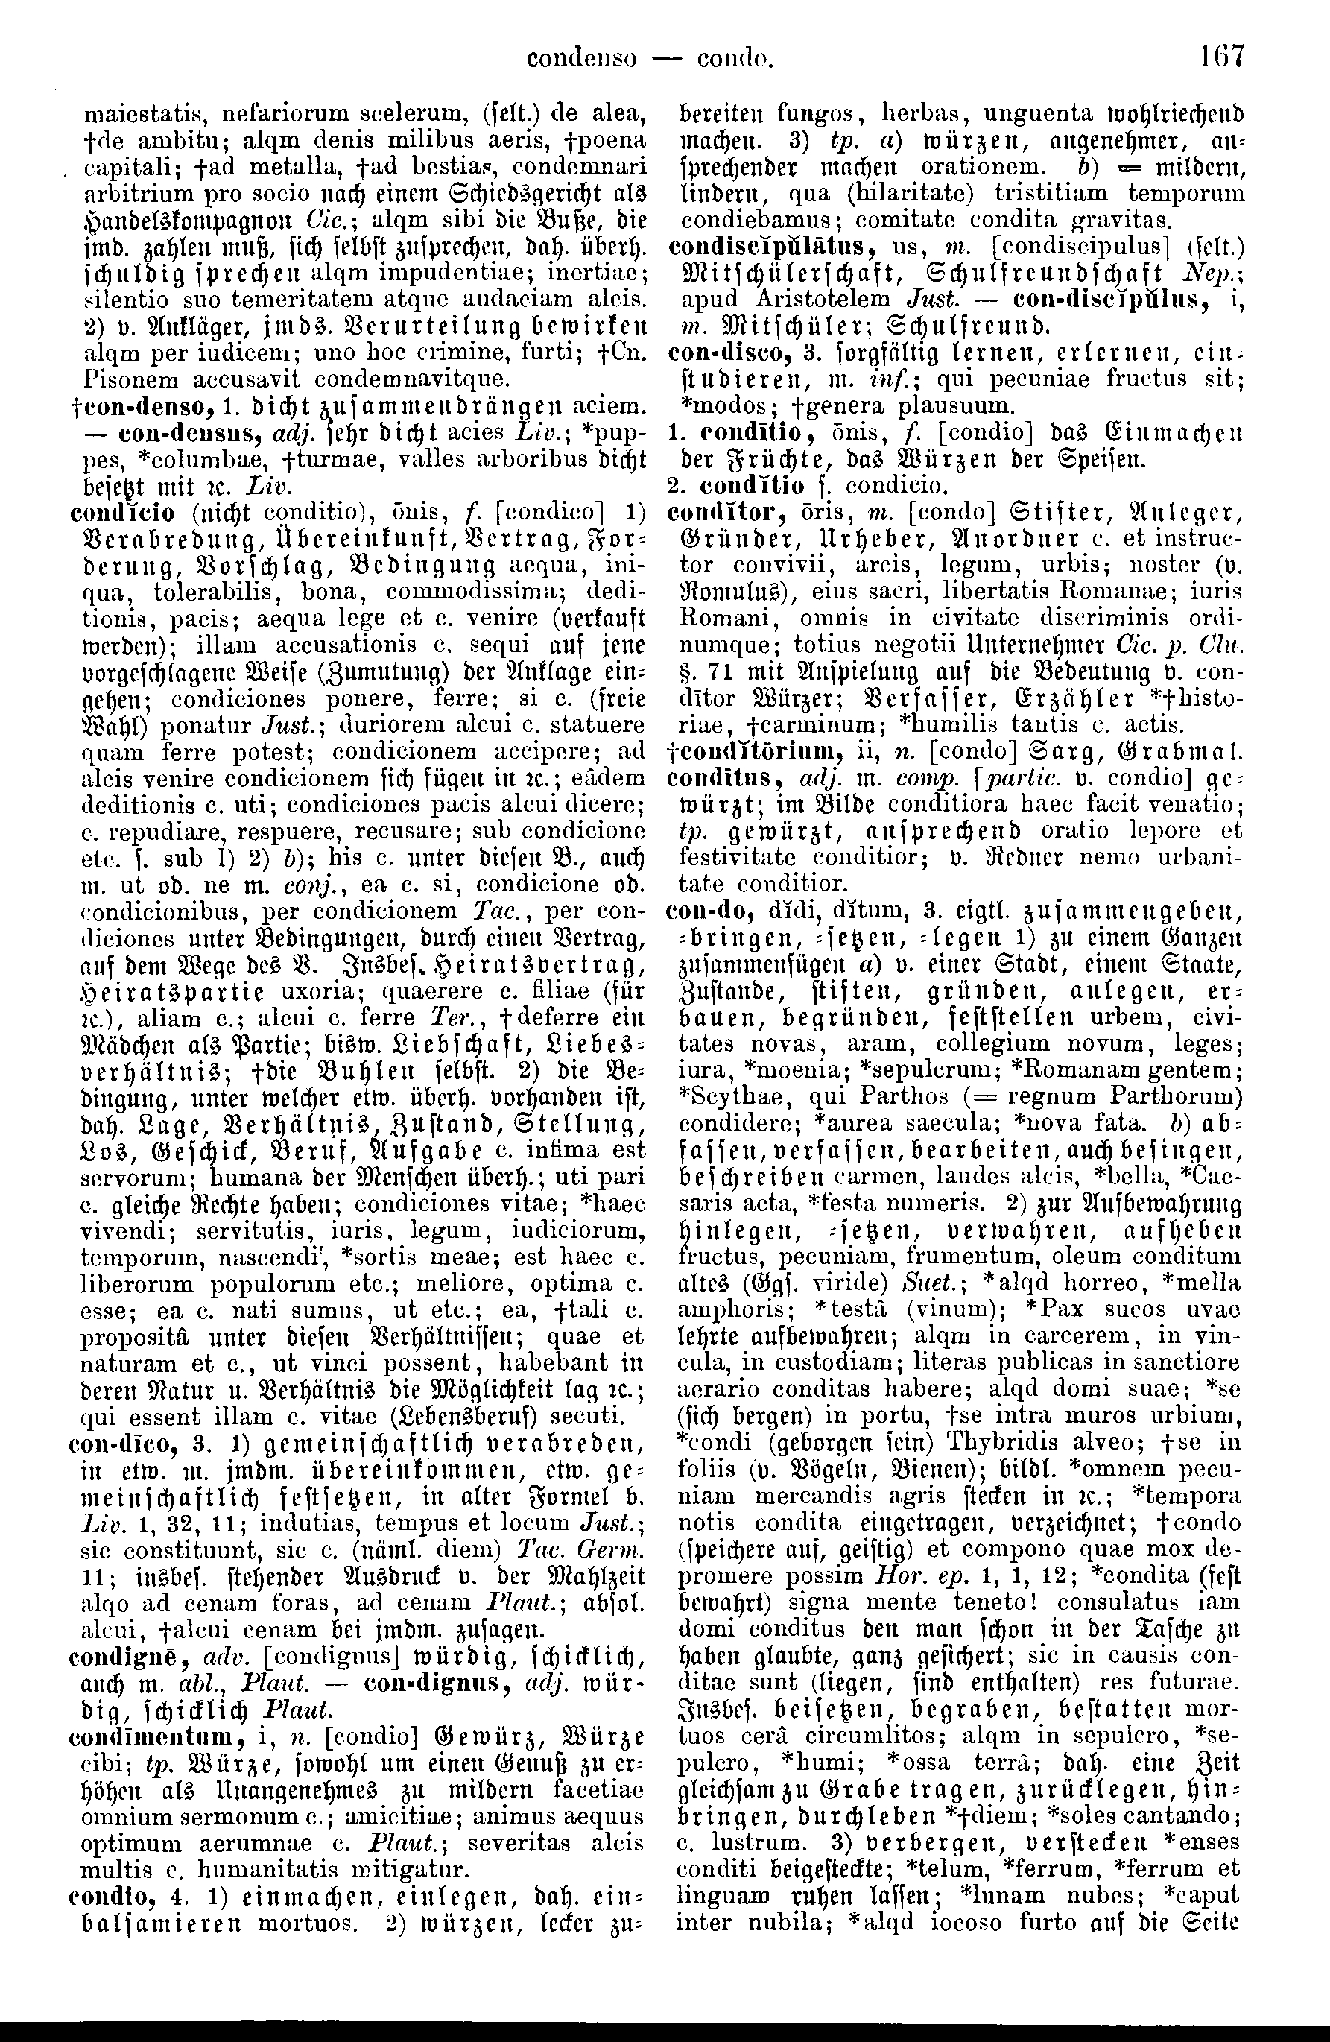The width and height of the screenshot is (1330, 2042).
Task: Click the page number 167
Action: [1222, 58]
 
